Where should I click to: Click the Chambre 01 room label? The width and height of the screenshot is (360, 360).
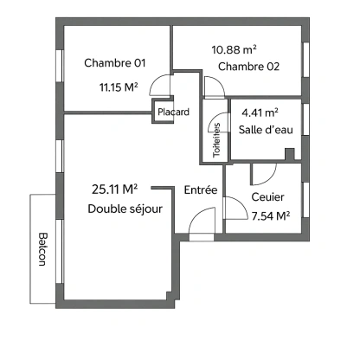113,62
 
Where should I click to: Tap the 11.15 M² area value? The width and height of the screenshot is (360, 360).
119,87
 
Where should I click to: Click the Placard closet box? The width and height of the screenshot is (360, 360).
172,112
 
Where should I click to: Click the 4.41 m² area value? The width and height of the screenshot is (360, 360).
260,112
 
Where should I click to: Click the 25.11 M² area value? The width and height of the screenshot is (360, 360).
116,189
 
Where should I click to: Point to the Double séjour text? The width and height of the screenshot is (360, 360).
125,209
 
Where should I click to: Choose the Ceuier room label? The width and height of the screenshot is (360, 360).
267,196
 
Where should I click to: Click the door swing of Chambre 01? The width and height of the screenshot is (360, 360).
160,85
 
